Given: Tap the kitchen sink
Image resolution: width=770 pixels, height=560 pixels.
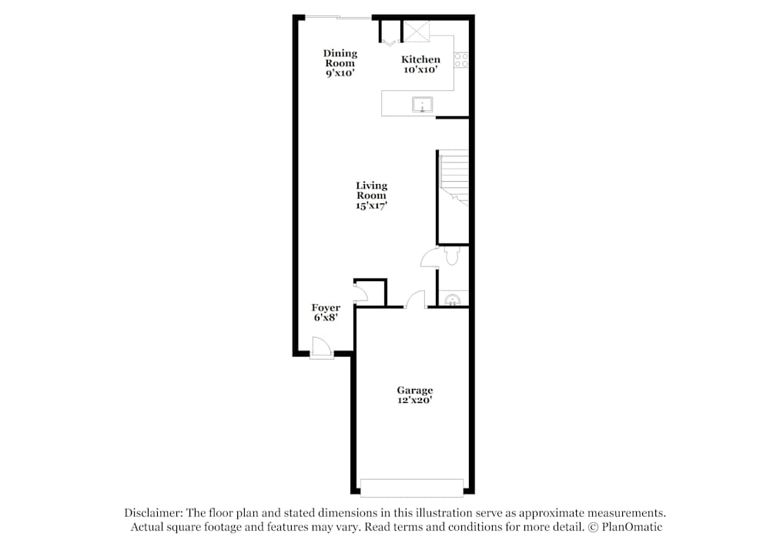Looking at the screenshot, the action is tap(422, 105).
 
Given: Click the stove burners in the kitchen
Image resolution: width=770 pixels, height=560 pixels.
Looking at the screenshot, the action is tap(461, 60).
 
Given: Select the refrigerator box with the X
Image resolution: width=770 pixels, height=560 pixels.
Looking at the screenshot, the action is tap(416, 32).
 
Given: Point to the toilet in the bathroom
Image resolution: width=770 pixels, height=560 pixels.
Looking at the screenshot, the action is tap(452, 256).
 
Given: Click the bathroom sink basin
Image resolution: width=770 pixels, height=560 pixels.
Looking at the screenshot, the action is tap(452, 300).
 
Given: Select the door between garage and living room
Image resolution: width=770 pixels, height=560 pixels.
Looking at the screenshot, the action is tap(416, 300).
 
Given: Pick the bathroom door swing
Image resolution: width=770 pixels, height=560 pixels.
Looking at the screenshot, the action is tap(430, 257).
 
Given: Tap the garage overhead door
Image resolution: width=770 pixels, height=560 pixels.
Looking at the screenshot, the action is tap(411, 488).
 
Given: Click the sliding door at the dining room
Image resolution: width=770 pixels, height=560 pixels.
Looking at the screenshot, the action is tap(338, 18).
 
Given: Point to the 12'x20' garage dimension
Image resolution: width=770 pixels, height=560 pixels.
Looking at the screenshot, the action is tap(415, 400).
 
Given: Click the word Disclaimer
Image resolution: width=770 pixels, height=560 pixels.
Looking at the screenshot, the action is tap(153, 513).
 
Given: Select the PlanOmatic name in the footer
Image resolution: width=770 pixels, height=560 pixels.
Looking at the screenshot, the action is tap(632, 527).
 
